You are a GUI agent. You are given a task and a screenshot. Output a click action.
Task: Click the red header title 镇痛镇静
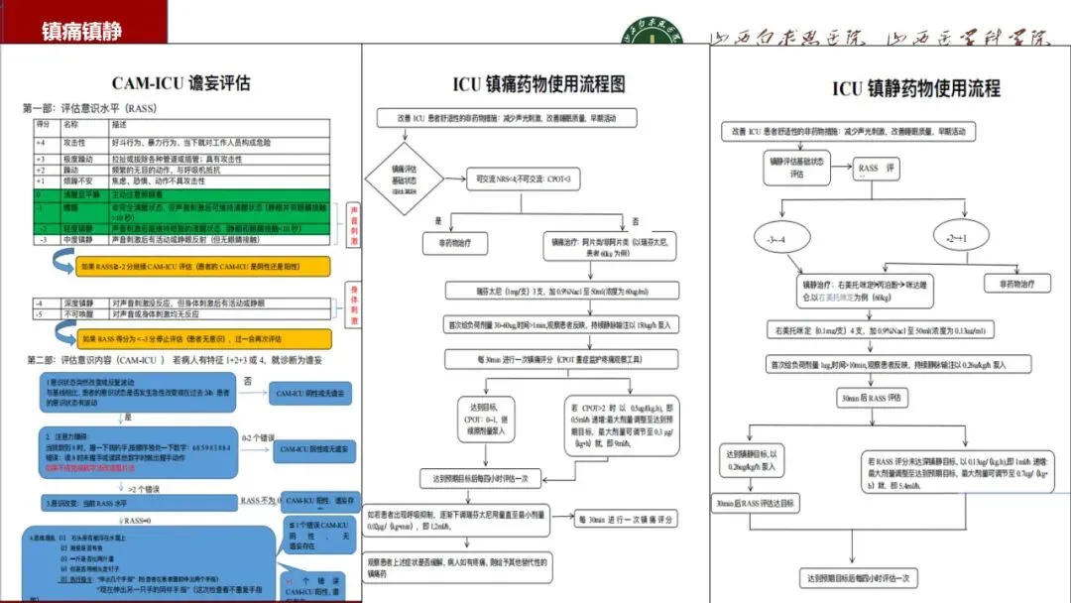pos(81,31)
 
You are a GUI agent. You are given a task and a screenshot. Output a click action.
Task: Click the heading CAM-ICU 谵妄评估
pos(180,82)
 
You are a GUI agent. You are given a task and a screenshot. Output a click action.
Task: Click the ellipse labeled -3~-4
pos(776,241)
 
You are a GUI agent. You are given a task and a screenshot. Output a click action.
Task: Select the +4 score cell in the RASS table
pos(42,143)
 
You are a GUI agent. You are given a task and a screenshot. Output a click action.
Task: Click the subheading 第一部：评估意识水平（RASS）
pos(90,108)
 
